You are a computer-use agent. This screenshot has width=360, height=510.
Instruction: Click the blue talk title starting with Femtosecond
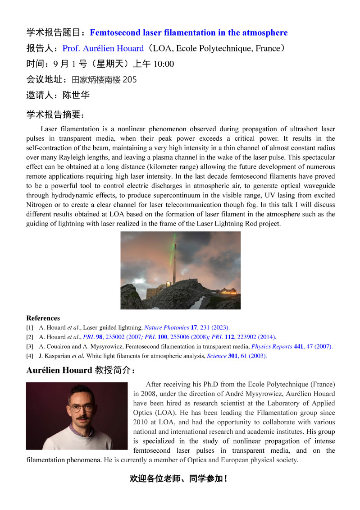[x=188, y=33]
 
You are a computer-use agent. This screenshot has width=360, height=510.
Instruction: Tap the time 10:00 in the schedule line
[x=164, y=64]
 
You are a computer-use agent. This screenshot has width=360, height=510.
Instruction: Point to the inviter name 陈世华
[x=76, y=95]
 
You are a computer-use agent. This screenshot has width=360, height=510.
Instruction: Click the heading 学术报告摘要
[x=55, y=115]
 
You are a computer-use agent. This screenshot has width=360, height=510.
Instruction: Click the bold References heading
[x=43, y=318]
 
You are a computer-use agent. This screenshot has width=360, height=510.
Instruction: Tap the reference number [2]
[x=30, y=337]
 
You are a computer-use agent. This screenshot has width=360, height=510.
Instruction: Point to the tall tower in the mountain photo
[x=174, y=266]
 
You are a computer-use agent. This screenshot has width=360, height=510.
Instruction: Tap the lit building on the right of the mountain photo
[x=228, y=291]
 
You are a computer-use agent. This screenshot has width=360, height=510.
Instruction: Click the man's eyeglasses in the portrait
[x=82, y=408]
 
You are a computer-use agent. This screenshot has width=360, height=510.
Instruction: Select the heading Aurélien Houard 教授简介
[x=81, y=370]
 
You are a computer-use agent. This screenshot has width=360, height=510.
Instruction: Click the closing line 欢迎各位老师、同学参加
[x=178, y=479]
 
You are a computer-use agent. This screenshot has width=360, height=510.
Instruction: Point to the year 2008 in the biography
[x=142, y=394]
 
